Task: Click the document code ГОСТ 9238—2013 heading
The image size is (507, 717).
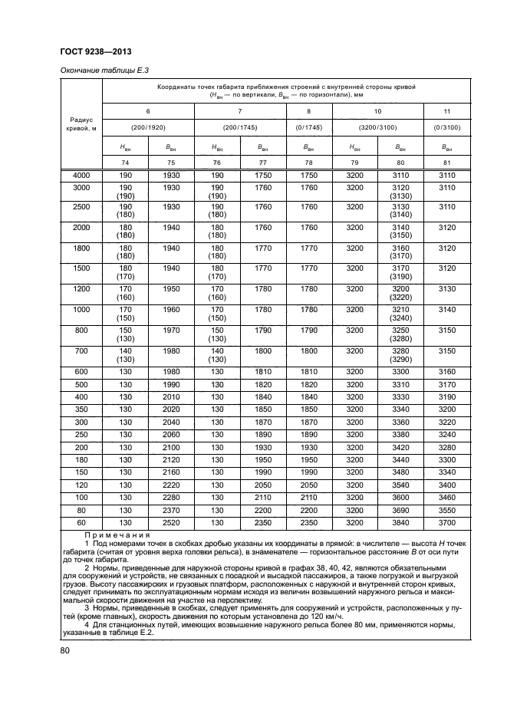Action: click(94, 52)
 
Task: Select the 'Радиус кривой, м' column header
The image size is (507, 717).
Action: click(81, 124)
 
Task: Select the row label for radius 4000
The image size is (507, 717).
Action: click(81, 176)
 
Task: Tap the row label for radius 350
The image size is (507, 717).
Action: click(81, 409)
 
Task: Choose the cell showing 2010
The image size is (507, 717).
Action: click(171, 396)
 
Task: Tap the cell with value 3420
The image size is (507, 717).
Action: click(400, 446)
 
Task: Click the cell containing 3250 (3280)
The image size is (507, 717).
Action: click(400, 334)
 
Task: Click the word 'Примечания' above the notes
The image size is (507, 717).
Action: click(117, 534)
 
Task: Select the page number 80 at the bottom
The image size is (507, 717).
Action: click(66, 652)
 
